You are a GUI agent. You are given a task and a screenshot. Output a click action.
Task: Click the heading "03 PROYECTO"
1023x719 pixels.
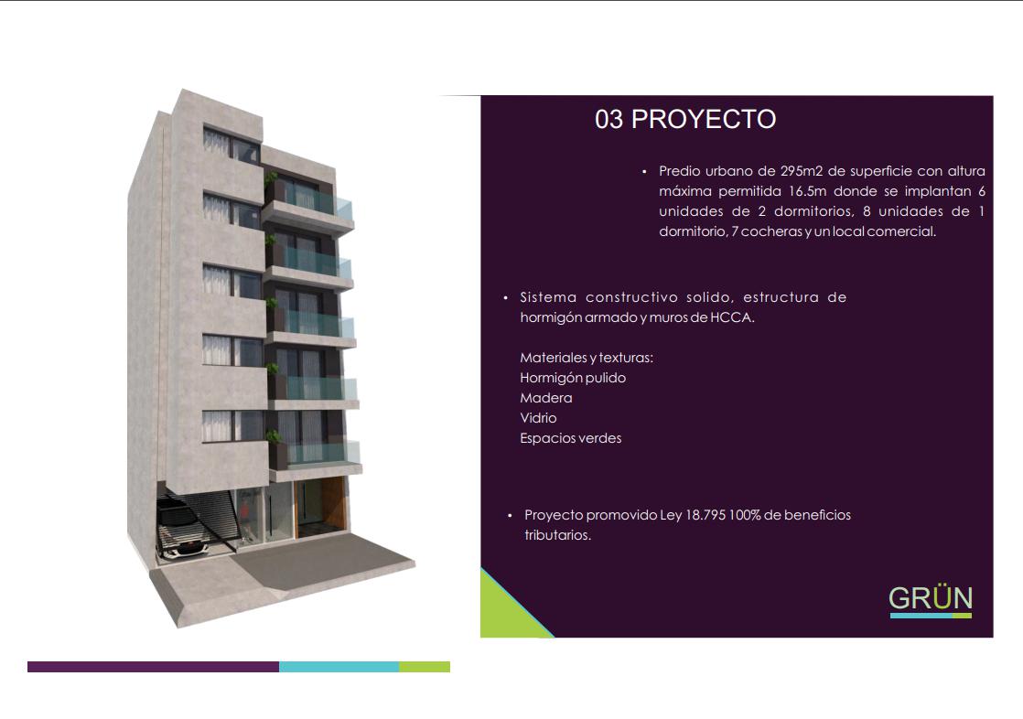[685, 119]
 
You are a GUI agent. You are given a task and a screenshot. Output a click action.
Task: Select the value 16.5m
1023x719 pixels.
[807, 191]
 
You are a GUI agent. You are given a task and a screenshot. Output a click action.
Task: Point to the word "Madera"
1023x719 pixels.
[546, 398]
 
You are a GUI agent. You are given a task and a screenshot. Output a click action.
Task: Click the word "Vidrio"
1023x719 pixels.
[538, 417]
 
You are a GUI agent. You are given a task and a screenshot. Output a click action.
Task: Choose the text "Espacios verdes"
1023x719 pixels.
[571, 438]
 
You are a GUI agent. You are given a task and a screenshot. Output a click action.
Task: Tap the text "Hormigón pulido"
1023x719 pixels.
[573, 378]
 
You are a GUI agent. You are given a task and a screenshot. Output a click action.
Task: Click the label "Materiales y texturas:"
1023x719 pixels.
[587, 358]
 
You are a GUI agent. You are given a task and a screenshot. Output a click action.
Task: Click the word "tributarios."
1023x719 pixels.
[558, 535]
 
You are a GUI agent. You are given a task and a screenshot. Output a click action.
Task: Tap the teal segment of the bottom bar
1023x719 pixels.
[339, 667]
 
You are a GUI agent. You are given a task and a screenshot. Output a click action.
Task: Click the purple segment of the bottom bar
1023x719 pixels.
[154, 667]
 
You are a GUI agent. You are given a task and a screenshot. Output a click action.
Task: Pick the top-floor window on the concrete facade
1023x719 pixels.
[232, 145]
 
